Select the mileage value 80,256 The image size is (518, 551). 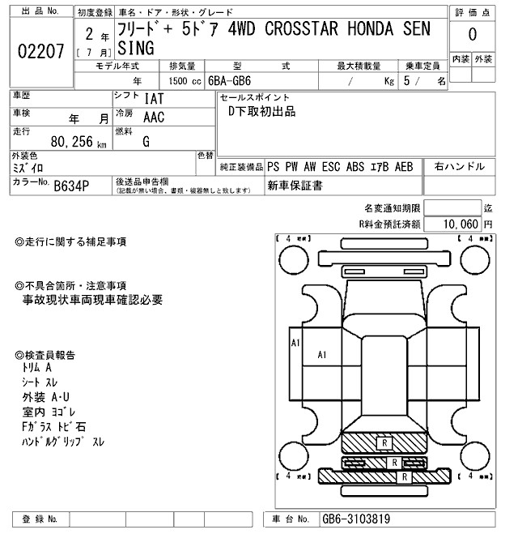[x=73, y=142]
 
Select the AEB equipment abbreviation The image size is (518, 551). [x=404, y=167]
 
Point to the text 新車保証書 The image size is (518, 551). [x=295, y=186]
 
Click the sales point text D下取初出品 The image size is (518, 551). [x=262, y=112]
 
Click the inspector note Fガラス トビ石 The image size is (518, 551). [x=54, y=426]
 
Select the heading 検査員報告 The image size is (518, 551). [x=50, y=355]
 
